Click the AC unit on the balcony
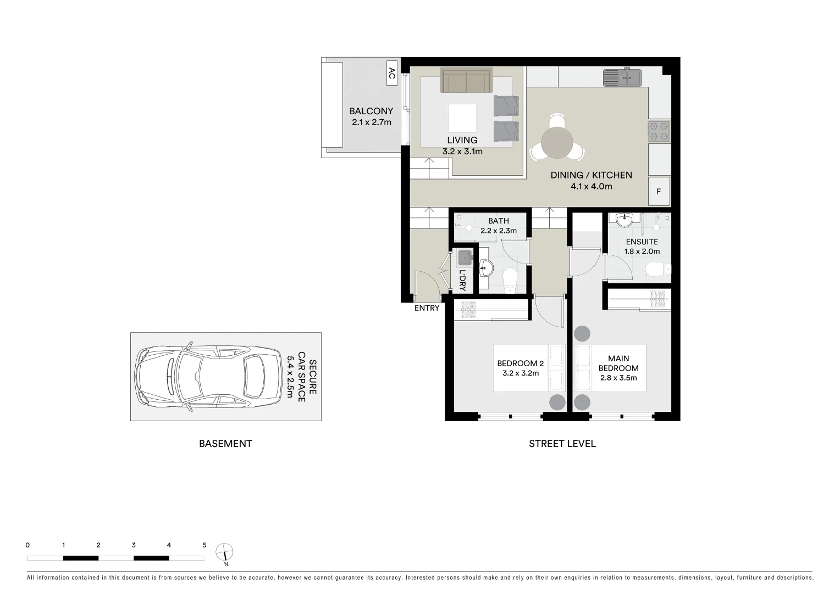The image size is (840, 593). [x=392, y=72]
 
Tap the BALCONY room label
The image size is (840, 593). [x=372, y=111]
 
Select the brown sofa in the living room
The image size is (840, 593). [x=466, y=81]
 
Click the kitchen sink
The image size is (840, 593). [x=622, y=77]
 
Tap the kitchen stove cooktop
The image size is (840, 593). [x=659, y=131]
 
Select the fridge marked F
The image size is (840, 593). [x=659, y=192]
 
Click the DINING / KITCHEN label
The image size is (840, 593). [x=591, y=175]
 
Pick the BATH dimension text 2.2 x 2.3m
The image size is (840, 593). [x=498, y=231]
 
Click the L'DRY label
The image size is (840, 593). [x=462, y=280]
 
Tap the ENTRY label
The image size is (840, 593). [x=427, y=308]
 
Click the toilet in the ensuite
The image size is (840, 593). [x=658, y=269]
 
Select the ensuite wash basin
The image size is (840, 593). [x=624, y=221]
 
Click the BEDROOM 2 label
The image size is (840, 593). [x=520, y=363]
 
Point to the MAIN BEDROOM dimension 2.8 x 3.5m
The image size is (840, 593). [x=618, y=378]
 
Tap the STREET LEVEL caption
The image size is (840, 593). [x=562, y=444]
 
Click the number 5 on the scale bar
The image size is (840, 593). [x=205, y=545]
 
